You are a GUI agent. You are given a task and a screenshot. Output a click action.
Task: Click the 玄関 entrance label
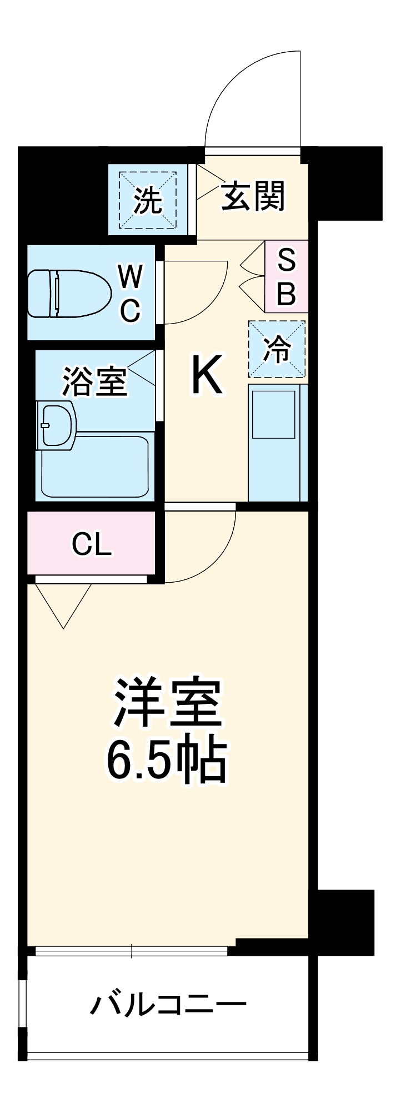click(253, 196)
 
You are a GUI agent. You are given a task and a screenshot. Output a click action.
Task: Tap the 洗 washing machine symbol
click(148, 201)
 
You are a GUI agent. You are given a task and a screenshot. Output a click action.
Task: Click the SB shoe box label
click(286, 276)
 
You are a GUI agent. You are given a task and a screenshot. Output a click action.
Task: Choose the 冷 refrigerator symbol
click(277, 349)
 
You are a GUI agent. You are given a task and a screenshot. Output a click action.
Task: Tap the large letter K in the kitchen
click(207, 375)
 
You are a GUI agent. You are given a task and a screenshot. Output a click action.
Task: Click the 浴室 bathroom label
click(94, 381)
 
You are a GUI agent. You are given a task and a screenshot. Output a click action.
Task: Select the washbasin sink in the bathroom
click(57, 425)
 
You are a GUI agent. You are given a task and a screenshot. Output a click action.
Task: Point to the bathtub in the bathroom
click(94, 468)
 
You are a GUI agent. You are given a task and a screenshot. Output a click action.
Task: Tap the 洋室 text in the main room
click(167, 703)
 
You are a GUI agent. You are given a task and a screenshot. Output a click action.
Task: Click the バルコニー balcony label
click(168, 1004)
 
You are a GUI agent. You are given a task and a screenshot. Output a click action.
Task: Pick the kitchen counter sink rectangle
click(274, 414)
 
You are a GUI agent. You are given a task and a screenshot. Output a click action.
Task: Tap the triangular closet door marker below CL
click(64, 603)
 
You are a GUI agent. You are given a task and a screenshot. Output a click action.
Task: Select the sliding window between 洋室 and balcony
click(132, 951)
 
